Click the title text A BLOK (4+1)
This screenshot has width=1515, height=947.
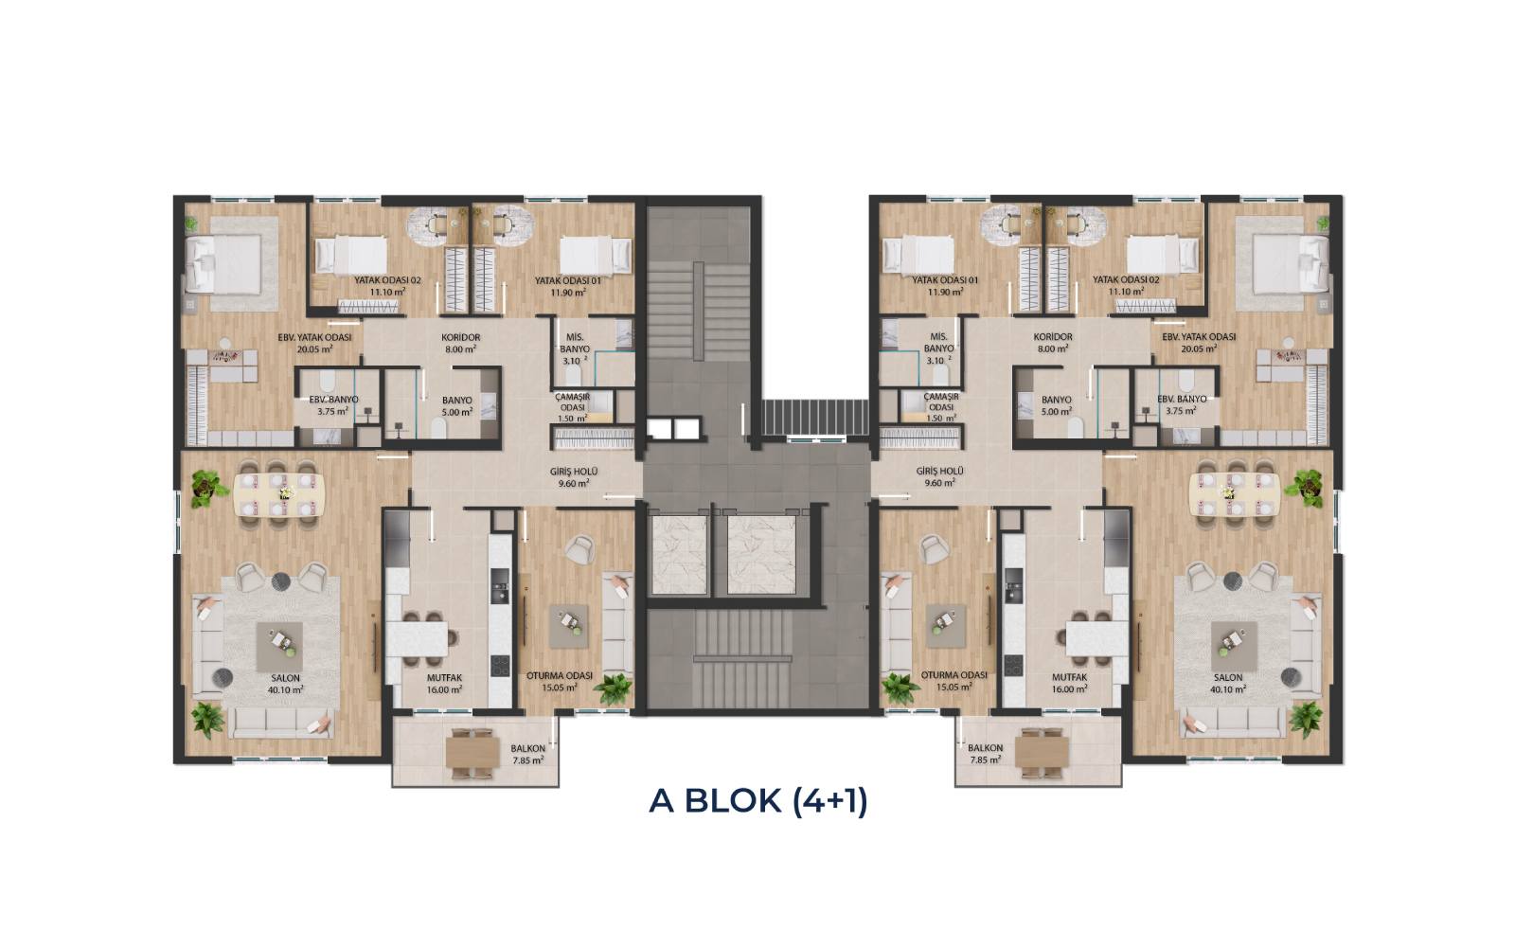(757, 801)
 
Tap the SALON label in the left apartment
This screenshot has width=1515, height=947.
(285, 678)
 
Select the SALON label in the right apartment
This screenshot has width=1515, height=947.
(1227, 677)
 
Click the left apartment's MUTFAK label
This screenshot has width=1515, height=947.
(444, 678)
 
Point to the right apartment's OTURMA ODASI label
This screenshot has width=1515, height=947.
(954, 675)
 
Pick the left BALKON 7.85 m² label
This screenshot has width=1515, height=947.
(528, 754)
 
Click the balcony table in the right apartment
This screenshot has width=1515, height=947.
(1042, 752)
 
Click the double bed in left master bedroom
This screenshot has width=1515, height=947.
(223, 264)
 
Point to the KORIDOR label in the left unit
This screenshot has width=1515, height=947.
(460, 337)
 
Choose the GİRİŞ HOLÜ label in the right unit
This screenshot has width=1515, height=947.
(940, 472)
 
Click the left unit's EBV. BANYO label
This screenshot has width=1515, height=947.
(333, 400)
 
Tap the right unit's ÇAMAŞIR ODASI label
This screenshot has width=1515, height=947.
(941, 402)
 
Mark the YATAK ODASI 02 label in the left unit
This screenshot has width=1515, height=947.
(387, 280)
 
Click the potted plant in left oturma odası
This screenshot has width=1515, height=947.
(613, 688)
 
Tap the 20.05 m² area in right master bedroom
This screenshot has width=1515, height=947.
(1199, 348)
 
